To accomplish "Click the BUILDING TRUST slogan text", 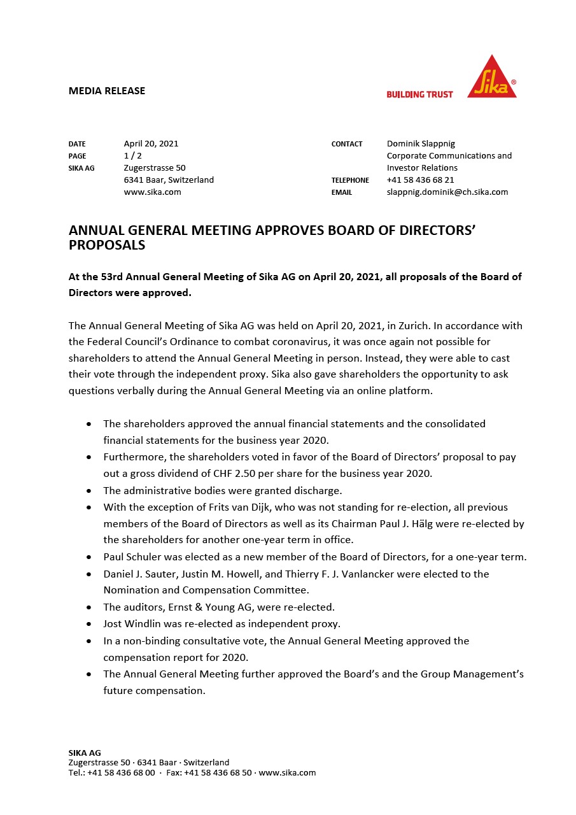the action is point(419,94).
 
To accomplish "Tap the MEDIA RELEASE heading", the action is point(107,91).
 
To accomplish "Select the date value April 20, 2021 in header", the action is point(151,144).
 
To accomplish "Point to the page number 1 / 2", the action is point(132,156).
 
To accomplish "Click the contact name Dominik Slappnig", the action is point(421,144).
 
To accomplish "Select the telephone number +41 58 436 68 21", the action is point(420,180).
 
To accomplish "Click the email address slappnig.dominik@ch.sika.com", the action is point(447,192).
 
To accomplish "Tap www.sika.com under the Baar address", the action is point(152,192).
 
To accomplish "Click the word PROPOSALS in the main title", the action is point(107,246).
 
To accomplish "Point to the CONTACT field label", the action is point(347,145).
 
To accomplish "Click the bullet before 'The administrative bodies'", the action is point(88,491).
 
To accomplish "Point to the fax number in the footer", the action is point(218,773).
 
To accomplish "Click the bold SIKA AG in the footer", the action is point(85,753).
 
